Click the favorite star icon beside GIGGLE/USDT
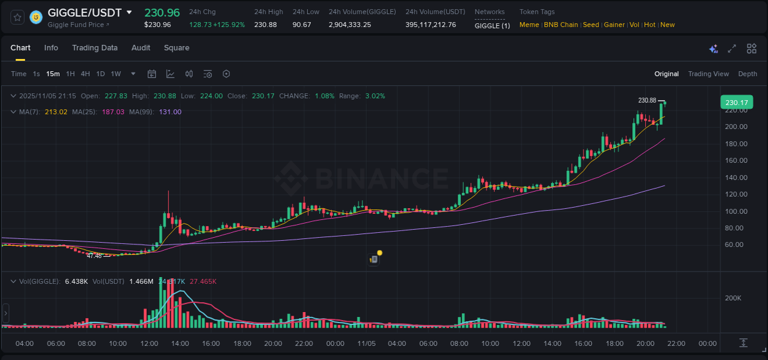(x=17, y=17)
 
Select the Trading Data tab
(x=95, y=48)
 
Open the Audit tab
(x=141, y=48)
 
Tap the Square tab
(x=176, y=48)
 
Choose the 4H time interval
(x=85, y=74)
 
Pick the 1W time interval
(x=116, y=74)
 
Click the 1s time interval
(x=36, y=74)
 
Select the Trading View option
(x=708, y=74)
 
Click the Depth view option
(x=747, y=74)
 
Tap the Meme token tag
(x=529, y=25)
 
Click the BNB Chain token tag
(x=560, y=25)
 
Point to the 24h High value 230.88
(x=265, y=25)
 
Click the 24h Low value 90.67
(x=302, y=25)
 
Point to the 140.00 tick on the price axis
(x=736, y=178)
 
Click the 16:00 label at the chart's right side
(x=584, y=343)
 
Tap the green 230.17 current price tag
(x=736, y=103)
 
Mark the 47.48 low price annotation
(x=94, y=256)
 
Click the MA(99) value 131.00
(x=170, y=112)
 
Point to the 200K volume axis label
(x=733, y=298)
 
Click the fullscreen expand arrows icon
(x=732, y=49)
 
